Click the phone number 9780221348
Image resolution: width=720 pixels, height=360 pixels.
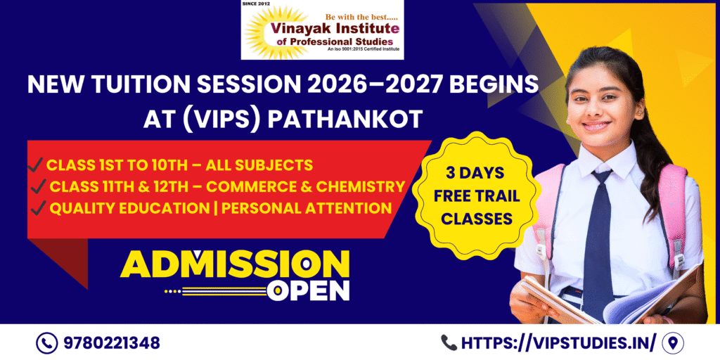[x=112, y=342]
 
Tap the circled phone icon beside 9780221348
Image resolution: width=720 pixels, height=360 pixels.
[x=47, y=343]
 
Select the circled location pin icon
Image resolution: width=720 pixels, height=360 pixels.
[x=673, y=343]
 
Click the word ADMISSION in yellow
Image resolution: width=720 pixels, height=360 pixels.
[x=235, y=264]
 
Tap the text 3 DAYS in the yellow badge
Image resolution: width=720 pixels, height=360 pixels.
[x=475, y=173]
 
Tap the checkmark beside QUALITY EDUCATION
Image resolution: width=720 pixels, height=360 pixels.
[x=38, y=209]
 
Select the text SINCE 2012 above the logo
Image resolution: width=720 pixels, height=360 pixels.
[x=256, y=4]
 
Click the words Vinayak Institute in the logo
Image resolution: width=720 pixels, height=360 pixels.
[x=335, y=29]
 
